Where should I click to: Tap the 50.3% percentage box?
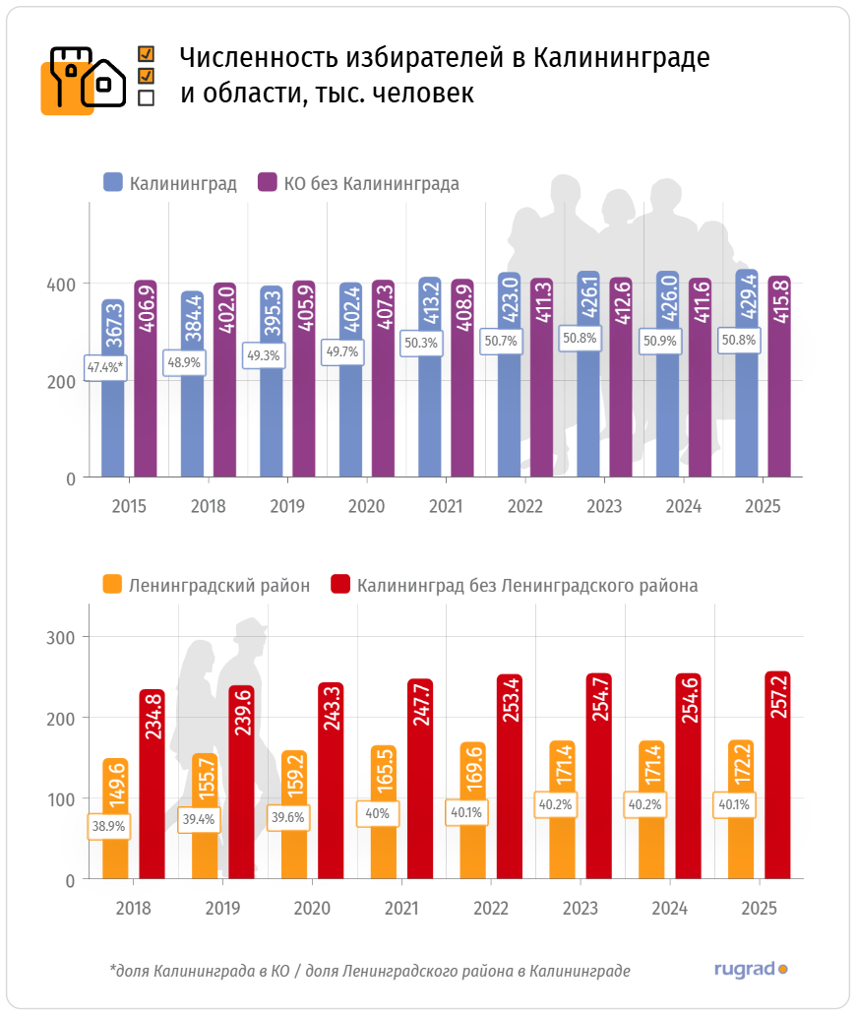421,343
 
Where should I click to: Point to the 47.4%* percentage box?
104,368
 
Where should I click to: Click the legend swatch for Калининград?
113,183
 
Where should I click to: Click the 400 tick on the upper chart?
64,285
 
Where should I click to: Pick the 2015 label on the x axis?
129,507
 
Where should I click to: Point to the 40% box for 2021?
378,813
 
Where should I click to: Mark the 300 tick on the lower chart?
63,637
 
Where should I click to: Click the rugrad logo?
751,969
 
